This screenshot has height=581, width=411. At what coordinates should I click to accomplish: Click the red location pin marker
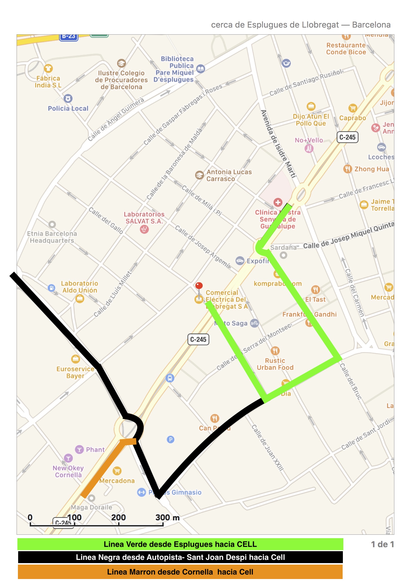pyautogui.click(x=199, y=286)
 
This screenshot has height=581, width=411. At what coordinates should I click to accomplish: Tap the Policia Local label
pyautogui.click(x=68, y=108)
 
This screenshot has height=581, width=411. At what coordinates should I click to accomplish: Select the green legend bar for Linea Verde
pyautogui.click(x=180, y=544)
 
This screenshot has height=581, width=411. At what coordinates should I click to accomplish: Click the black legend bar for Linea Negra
pyautogui.click(x=180, y=557)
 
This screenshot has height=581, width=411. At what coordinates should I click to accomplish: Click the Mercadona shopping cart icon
pyautogui.click(x=117, y=471)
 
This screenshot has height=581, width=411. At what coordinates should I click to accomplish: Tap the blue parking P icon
pyautogui.click(x=170, y=439)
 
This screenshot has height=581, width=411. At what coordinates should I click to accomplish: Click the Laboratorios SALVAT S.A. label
pyautogui.click(x=144, y=218)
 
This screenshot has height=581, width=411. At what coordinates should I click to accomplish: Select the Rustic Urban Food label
pyautogui.click(x=275, y=364)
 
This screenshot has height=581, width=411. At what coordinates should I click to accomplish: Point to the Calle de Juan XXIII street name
pyautogui.click(x=267, y=447)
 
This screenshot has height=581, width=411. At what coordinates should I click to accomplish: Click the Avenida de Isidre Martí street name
pyautogui.click(x=278, y=144)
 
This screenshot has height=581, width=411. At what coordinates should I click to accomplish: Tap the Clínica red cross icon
pyautogui.click(x=278, y=202)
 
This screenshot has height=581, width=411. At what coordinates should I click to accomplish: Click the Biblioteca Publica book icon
pyautogui.click(x=201, y=69)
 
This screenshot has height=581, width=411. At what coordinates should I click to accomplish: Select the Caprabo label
pyautogui.click(x=353, y=118)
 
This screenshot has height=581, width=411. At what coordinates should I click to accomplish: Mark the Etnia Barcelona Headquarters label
pyautogui.click(x=52, y=237)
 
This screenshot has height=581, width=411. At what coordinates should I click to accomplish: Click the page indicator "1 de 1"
pyautogui.click(x=382, y=544)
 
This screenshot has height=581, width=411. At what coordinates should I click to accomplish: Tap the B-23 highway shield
pyautogui.click(x=69, y=37)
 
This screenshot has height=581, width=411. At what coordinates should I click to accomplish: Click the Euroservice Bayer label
pyautogui.click(x=75, y=372)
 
